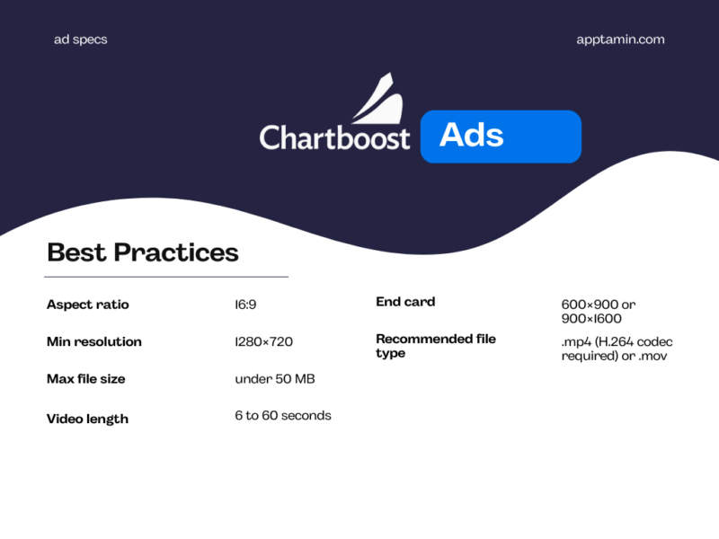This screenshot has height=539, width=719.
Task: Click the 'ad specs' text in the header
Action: (x=80, y=40)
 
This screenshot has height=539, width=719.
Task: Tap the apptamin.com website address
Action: (x=620, y=40)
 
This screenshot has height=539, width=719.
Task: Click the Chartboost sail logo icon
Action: (x=377, y=100)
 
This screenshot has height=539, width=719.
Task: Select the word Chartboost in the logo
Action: (x=334, y=137)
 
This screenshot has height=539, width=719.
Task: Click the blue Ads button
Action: (x=501, y=137)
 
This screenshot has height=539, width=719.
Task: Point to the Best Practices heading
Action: (x=142, y=252)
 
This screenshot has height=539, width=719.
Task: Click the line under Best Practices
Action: (x=167, y=277)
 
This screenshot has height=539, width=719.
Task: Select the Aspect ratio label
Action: (x=88, y=305)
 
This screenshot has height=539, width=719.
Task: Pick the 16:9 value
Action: (x=245, y=305)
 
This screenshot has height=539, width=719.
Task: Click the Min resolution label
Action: (x=94, y=341)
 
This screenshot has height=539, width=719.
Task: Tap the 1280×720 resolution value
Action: (x=263, y=341)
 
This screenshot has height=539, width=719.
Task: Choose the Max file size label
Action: (x=86, y=379)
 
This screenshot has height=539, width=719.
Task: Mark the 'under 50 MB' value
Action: (x=275, y=379)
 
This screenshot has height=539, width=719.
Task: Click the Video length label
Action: (x=87, y=419)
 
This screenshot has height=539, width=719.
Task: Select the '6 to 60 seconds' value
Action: (x=283, y=416)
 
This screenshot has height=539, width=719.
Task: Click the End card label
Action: (x=405, y=302)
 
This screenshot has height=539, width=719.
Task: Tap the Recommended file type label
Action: (x=436, y=346)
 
